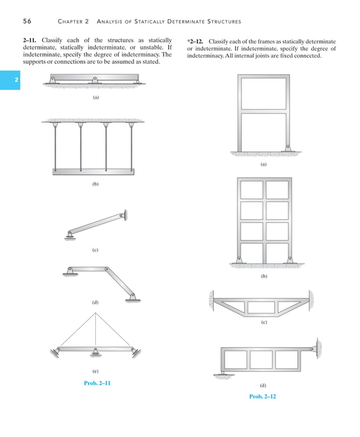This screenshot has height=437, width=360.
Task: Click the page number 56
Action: coord(27,21)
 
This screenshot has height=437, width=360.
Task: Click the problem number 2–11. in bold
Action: coord(32,40)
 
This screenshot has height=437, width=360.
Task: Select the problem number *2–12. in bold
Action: coord(195,41)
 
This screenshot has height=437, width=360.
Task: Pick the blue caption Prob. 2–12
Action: coord(262,396)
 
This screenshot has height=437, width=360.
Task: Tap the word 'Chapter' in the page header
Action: coord(72,21)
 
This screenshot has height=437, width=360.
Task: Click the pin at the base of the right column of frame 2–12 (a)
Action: coord(288,148)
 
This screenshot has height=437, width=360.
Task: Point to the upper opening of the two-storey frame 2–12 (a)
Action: coord(264,93)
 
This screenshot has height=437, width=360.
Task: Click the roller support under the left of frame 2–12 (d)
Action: coord(223,373)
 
